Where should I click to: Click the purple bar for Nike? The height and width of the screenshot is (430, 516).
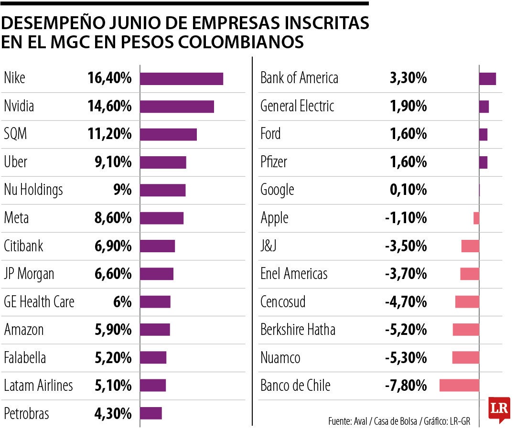182,78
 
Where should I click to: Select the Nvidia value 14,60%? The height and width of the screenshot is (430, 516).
109,106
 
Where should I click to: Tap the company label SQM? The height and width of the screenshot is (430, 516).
15,134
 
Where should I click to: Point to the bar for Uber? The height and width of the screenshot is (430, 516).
163,162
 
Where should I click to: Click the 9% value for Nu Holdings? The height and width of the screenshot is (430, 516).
122,190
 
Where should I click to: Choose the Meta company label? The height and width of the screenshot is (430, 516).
16,218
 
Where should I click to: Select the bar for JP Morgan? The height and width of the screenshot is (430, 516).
157,274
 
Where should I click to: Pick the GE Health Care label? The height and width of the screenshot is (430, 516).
39,302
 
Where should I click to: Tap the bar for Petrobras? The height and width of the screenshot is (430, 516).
151,413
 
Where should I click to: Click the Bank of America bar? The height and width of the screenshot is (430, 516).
487,79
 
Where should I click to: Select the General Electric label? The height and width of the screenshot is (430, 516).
297,106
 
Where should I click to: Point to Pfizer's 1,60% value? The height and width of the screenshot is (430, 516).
408,162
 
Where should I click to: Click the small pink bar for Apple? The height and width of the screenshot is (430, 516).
476,218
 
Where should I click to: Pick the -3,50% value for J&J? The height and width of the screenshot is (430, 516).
406,246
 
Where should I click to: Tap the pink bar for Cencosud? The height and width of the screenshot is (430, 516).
467,301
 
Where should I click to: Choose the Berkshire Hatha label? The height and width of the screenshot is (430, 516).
298,330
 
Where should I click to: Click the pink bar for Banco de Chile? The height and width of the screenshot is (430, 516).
459,385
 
